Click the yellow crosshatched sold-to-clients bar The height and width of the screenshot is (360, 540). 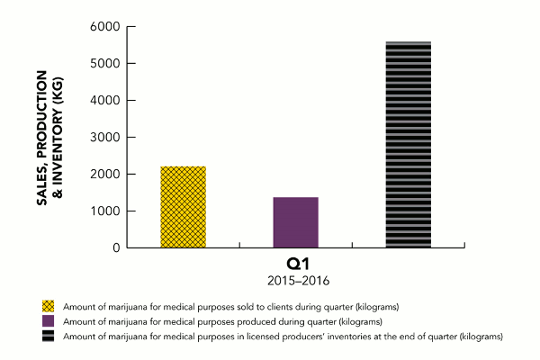pos(183,207)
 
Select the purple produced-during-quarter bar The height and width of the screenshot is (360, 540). pos(295,221)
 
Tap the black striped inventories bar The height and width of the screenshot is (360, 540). pos(408,144)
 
